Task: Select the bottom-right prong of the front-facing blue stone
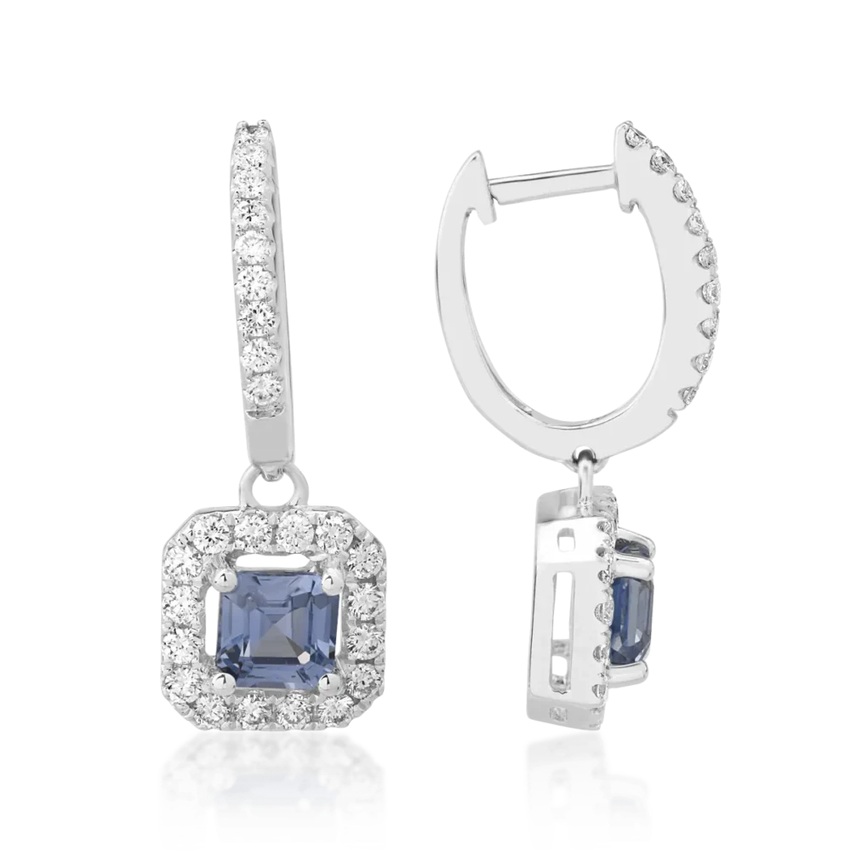(x=331, y=680)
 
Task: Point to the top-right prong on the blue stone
(x=332, y=580)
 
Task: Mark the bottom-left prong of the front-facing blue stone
(x=226, y=680)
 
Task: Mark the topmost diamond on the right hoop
(x=631, y=134)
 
